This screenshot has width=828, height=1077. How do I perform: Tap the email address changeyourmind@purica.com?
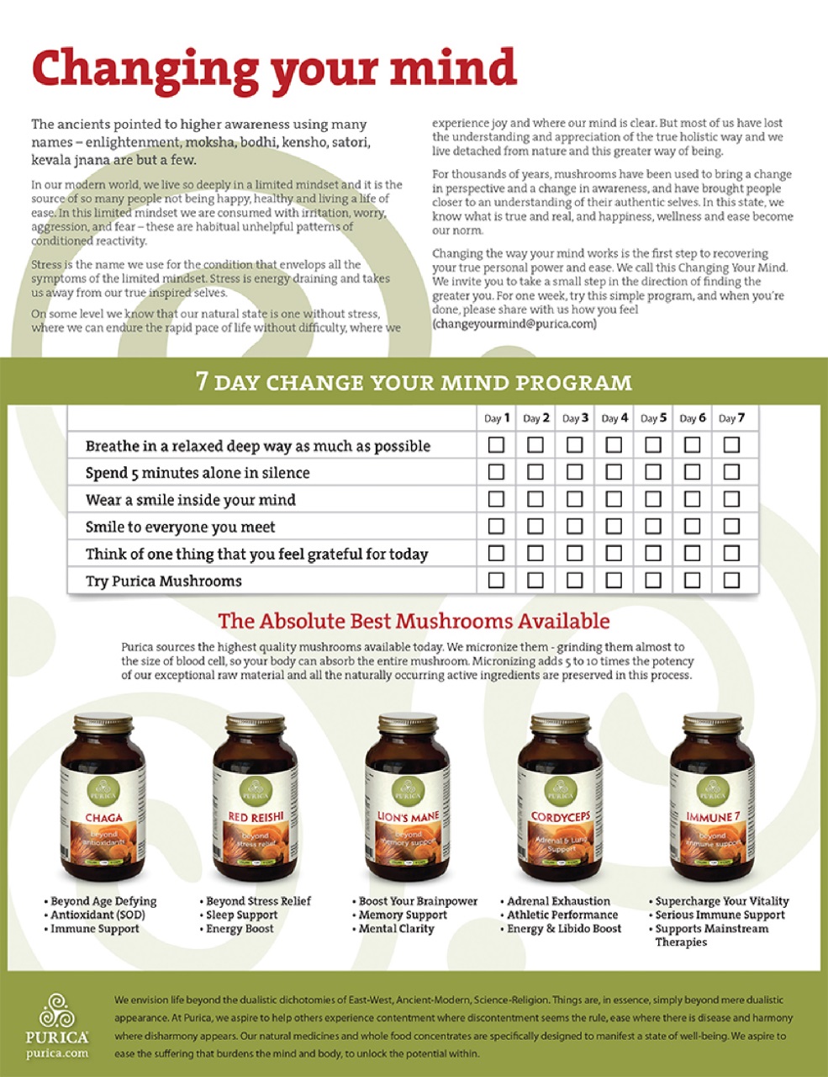(514, 323)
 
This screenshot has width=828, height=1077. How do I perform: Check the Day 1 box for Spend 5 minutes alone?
(496, 471)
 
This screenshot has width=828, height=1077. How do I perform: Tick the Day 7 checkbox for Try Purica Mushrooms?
(731, 580)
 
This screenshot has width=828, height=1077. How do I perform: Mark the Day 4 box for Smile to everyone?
(614, 526)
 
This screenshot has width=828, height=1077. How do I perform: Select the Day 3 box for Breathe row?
(574, 444)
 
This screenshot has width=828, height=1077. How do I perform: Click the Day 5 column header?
(653, 417)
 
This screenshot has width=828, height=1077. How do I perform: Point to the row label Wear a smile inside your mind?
(190, 500)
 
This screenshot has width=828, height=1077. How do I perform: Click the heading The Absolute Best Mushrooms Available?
(414, 622)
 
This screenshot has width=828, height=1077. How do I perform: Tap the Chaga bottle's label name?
(103, 817)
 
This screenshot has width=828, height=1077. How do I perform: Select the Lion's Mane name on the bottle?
(409, 816)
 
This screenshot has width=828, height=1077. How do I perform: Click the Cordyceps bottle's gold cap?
(559, 724)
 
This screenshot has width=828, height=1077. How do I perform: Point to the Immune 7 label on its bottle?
(713, 817)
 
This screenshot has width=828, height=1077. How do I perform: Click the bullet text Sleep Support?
(242, 915)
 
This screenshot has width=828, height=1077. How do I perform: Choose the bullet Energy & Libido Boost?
(564, 928)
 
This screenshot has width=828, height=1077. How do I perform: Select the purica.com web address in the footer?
(57, 1053)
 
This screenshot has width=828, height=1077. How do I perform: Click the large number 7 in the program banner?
(202, 381)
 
